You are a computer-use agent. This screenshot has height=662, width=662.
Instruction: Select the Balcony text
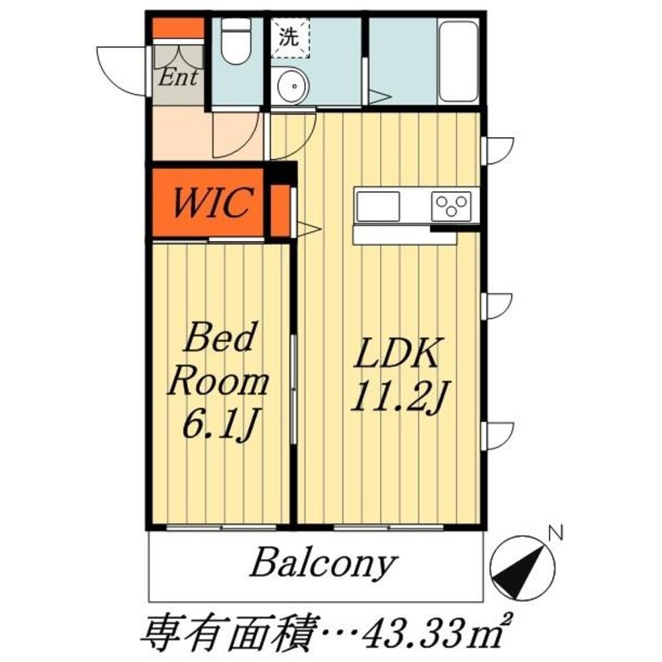323,564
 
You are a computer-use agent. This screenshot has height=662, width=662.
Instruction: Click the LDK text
395,355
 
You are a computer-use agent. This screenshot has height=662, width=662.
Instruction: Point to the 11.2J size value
395,396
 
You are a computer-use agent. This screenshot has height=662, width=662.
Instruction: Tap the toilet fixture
236,42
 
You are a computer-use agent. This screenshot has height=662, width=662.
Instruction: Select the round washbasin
289,86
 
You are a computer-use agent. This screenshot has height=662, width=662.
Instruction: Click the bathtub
458,61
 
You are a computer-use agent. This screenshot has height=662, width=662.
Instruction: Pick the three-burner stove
451,206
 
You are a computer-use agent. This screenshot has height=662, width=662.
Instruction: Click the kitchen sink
378,206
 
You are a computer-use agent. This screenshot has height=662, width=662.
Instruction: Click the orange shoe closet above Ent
178,28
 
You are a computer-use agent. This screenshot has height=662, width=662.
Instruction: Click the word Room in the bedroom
218,383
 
